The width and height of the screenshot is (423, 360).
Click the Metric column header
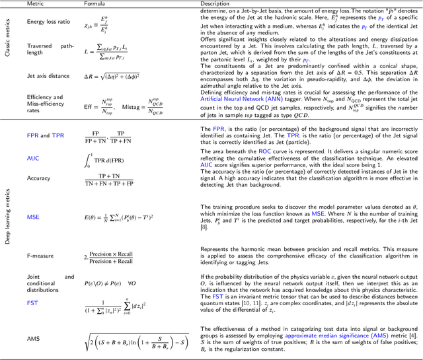(x=36, y=3)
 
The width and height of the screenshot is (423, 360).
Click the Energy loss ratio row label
(x=48, y=21)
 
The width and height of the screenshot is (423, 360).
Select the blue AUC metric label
(x=33, y=158)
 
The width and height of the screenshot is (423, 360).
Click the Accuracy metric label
(x=38, y=178)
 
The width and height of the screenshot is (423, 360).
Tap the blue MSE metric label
(x=33, y=217)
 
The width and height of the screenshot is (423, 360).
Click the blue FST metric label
(x=32, y=303)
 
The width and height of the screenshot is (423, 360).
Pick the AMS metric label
(x=34, y=339)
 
